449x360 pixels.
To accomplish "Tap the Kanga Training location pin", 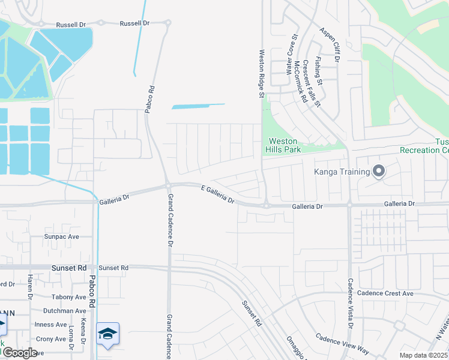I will (378, 172).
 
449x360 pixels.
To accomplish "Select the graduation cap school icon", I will (107, 334).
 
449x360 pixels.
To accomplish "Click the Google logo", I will (19, 353).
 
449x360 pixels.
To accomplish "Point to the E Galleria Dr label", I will (217, 194).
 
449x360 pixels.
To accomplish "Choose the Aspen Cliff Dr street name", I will (330, 45).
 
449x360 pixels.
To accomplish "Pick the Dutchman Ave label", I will (64, 311).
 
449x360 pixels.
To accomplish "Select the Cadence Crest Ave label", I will (385, 293).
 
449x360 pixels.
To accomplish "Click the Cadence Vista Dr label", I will (350, 303).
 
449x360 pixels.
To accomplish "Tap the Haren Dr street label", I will (29, 286).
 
